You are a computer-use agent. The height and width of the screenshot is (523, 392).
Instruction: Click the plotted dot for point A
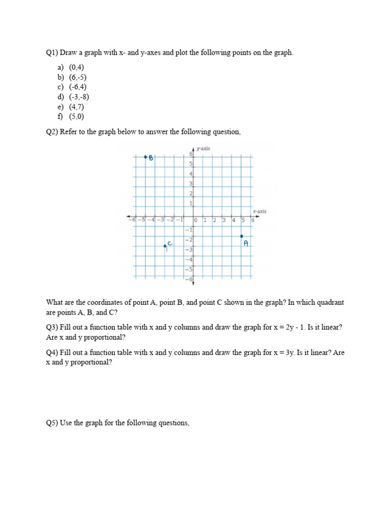[242, 236]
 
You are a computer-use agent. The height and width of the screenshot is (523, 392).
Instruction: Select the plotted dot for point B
[145, 157]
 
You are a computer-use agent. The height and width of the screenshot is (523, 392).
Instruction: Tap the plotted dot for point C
[165, 246]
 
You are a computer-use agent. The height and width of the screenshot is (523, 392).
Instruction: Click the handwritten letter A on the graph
[246, 244]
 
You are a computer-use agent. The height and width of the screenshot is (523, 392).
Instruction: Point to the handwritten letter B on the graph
[151, 158]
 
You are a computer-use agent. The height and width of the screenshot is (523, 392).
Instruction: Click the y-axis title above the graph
[203, 149]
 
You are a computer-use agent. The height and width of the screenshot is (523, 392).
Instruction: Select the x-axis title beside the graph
[259, 211]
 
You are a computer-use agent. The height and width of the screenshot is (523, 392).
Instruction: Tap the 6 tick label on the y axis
[191, 154]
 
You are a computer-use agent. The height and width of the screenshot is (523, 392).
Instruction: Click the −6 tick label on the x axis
[132, 220]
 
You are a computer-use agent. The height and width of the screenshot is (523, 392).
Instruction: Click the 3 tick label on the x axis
[224, 220]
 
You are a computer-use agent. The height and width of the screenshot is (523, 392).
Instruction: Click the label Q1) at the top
[52, 53]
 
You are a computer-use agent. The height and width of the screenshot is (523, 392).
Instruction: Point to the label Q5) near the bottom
[52, 423]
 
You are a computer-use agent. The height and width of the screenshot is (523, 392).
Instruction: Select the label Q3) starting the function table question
[52, 327]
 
